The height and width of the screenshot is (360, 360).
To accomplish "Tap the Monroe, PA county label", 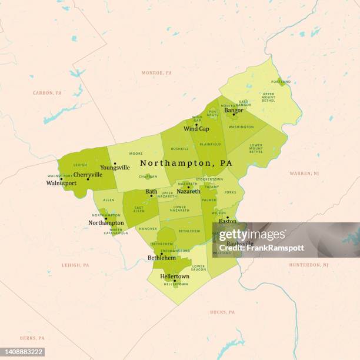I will [x=156, y=73].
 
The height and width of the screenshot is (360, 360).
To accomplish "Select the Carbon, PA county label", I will [x=47, y=93].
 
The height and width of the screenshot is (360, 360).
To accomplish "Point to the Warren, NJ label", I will [x=304, y=174].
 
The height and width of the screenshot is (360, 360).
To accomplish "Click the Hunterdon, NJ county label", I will [x=308, y=265].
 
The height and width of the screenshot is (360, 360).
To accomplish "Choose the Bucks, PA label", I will [x=222, y=312].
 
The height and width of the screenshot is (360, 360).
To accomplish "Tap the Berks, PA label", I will [x=32, y=338].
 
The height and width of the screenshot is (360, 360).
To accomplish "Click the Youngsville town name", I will [x=115, y=168].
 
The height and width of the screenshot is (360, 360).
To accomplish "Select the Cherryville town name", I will [x=88, y=175].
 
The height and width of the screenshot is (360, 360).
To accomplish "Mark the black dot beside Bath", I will [x=151, y=196].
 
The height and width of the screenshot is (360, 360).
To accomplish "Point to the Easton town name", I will [x=227, y=221].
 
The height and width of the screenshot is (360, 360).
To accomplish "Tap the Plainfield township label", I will [x=210, y=144].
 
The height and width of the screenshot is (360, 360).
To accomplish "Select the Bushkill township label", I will [x=179, y=149].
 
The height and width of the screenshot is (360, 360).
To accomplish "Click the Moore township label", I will [x=135, y=154].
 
